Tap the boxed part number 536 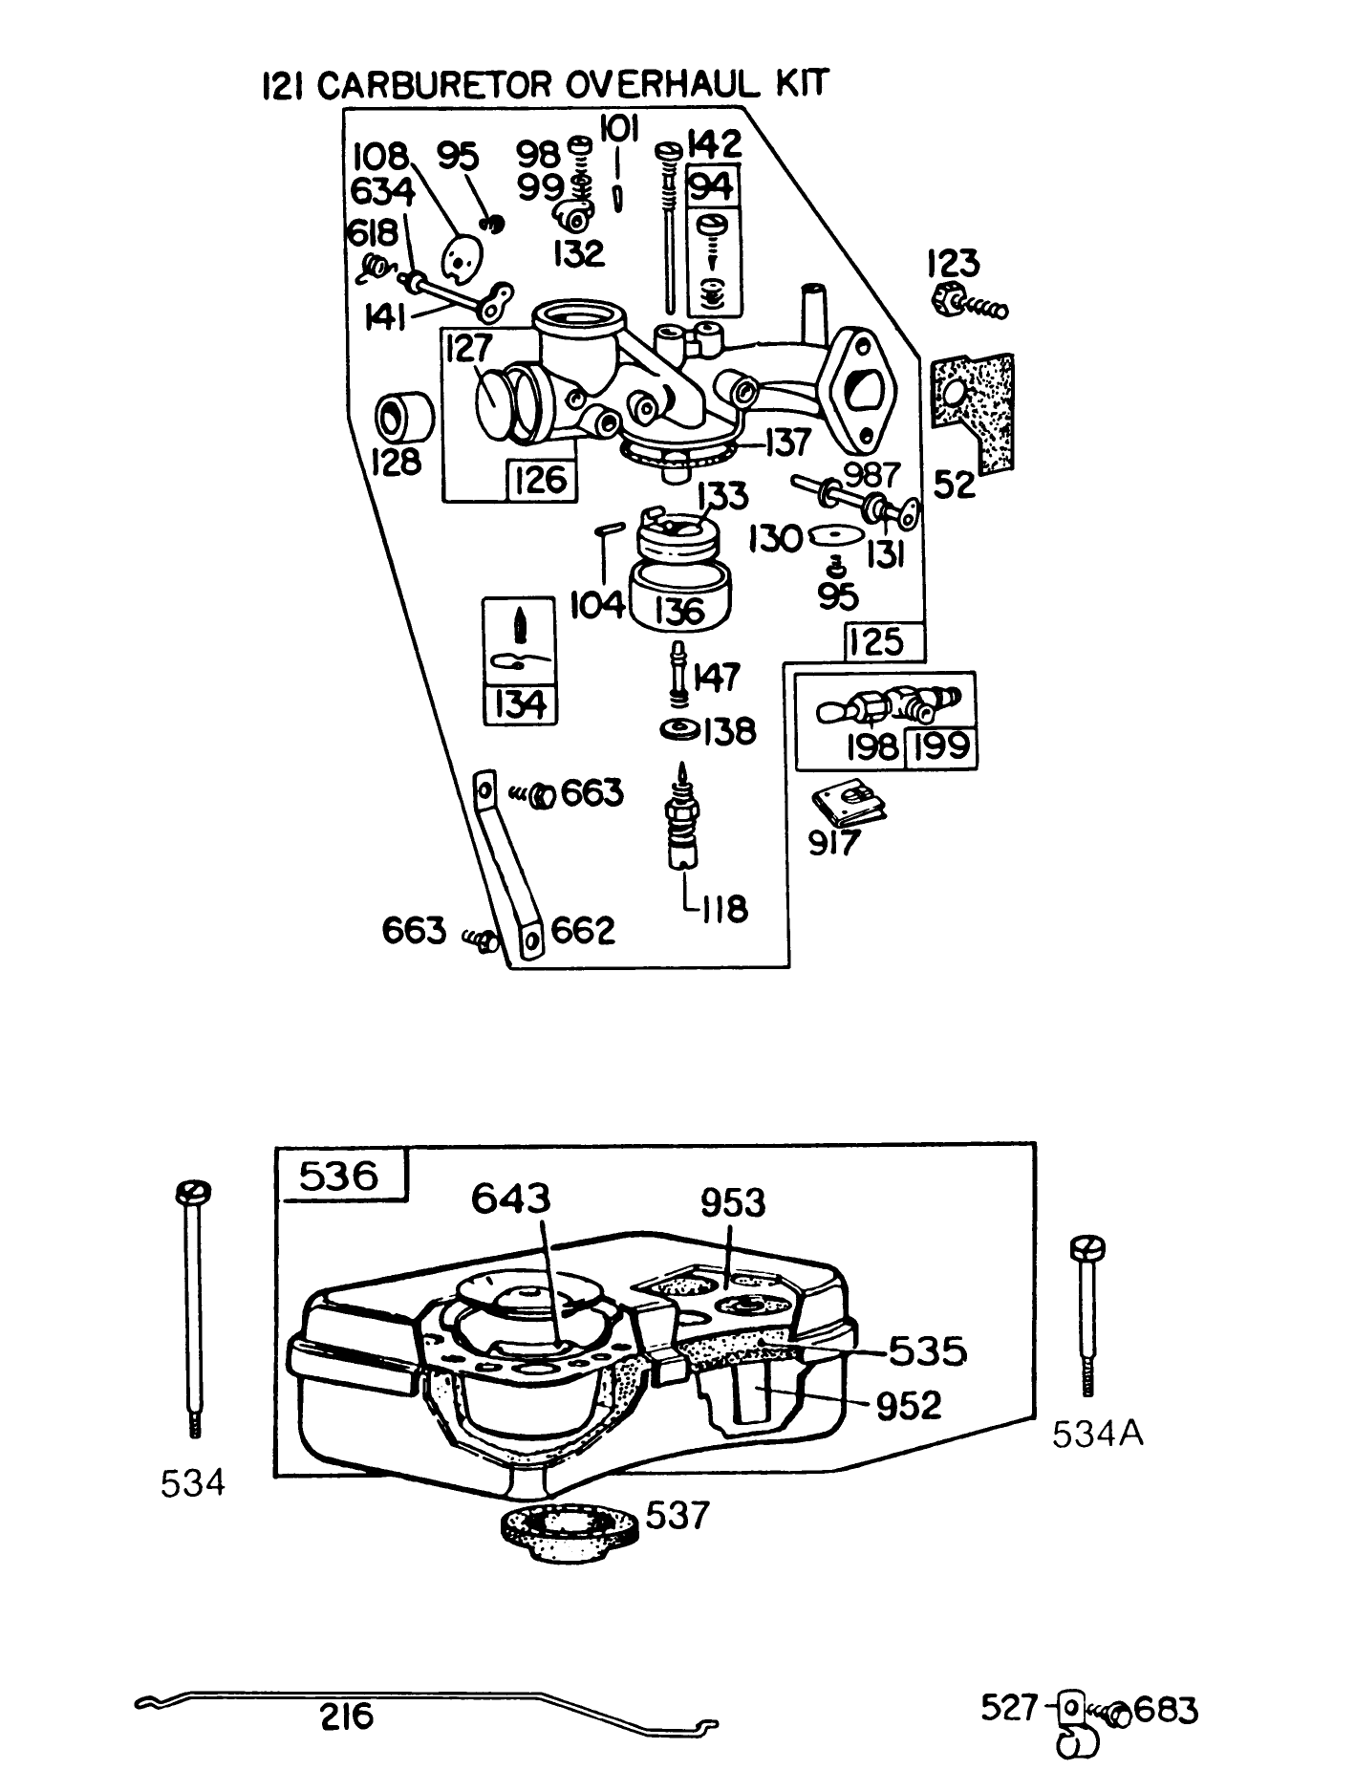(340, 1176)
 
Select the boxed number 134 (521, 704)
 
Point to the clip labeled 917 (849, 804)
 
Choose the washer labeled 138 (681, 730)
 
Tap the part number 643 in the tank (510, 1198)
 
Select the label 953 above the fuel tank (733, 1203)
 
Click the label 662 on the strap (584, 930)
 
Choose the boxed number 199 (940, 745)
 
